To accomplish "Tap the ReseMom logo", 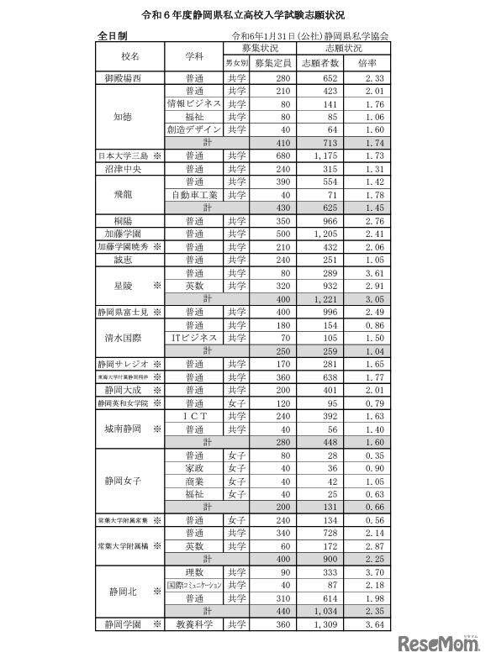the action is [x=437, y=643].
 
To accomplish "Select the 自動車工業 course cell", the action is [x=194, y=195].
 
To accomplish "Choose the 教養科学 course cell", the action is [x=194, y=624].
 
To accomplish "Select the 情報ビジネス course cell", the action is [x=194, y=103].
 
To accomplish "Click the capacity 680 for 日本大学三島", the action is [x=271, y=156].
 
